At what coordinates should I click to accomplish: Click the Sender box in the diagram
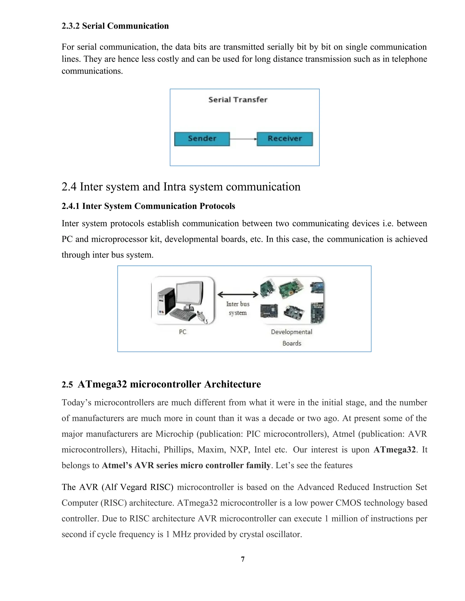[202, 139]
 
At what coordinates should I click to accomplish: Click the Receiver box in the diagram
[284, 139]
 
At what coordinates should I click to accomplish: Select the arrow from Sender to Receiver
[243, 139]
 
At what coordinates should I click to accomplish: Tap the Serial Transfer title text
[238, 100]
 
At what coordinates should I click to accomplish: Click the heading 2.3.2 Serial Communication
[115, 26]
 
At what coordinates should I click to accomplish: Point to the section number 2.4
[69, 187]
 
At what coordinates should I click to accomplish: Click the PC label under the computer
[182, 332]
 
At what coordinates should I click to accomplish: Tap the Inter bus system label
[238, 308]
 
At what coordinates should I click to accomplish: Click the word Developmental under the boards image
[292, 332]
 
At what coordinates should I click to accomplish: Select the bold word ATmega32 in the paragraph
[394, 450]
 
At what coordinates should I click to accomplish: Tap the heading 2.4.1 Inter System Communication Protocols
[148, 206]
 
